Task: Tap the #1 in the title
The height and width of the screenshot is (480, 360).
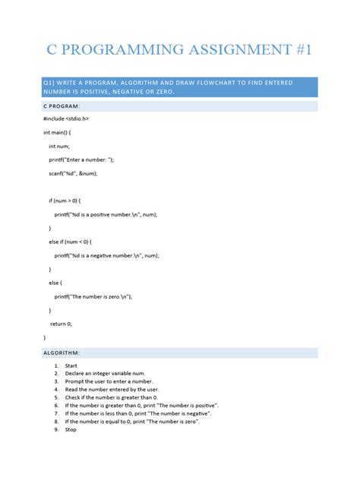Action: click(x=301, y=51)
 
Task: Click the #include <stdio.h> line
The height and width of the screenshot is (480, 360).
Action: click(x=69, y=119)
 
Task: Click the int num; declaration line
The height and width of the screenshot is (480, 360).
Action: click(x=59, y=146)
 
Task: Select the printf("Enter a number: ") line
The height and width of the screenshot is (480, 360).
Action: click(x=84, y=159)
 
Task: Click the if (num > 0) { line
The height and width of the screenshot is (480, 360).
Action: click(x=70, y=201)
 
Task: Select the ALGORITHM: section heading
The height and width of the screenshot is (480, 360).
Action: click(x=67, y=353)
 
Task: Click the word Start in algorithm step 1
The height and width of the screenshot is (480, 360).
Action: click(x=71, y=365)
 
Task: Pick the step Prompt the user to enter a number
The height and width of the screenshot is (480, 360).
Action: click(x=109, y=381)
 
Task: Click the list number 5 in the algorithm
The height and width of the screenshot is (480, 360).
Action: click(x=56, y=397)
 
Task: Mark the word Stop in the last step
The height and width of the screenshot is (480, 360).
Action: click(x=71, y=429)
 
